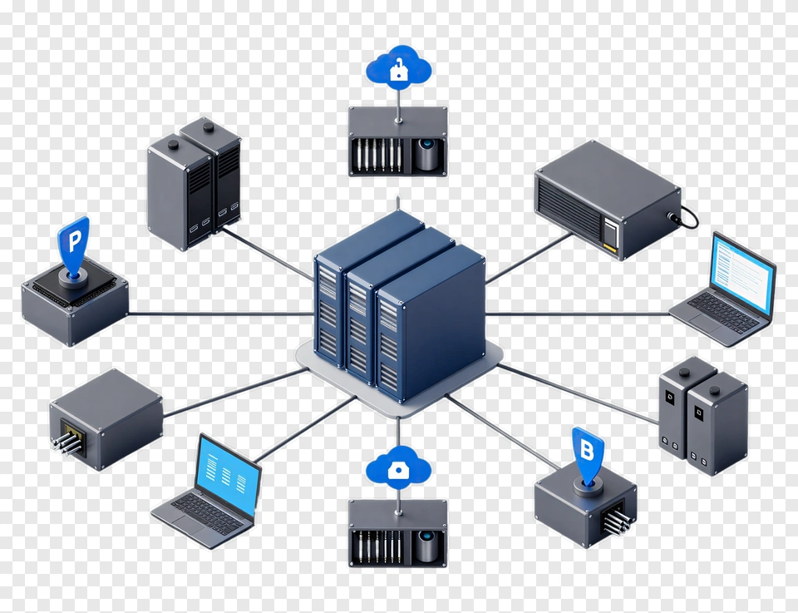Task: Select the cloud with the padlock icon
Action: click(398, 67)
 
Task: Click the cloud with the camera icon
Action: click(398, 467)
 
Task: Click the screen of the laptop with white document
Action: click(743, 275)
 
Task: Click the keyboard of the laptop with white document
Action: click(722, 313)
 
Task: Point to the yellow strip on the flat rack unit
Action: click(609, 247)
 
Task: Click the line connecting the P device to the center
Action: click(221, 314)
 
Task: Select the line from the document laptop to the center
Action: click(578, 314)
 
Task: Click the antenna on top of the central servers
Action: click(398, 203)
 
